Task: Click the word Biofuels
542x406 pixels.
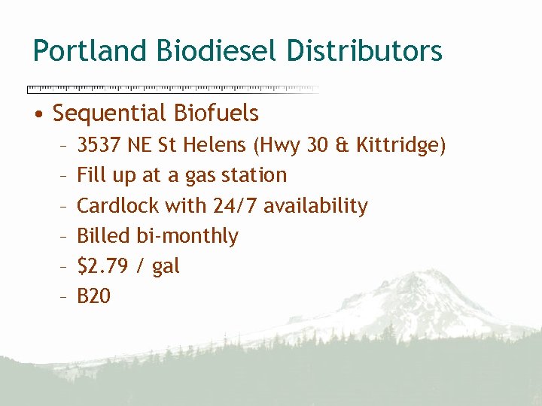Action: pyautogui.click(x=216, y=114)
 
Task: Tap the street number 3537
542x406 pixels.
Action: pyautogui.click(x=100, y=144)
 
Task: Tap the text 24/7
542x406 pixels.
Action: pyautogui.click(x=230, y=205)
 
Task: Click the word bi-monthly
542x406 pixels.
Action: pyautogui.click(x=187, y=236)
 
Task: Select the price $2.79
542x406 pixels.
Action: pyautogui.click(x=102, y=266)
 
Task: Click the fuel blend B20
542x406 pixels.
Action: pyautogui.click(x=94, y=296)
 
